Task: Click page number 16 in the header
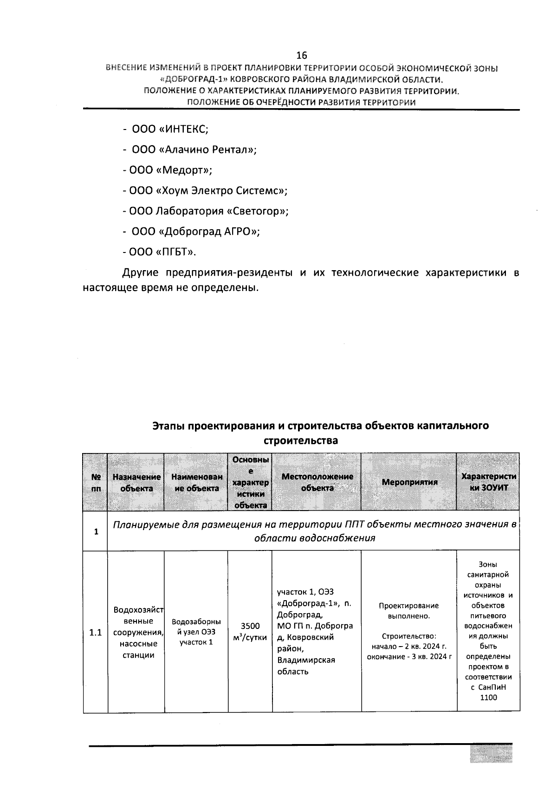[x=301, y=55]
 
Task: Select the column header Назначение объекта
[x=136, y=482]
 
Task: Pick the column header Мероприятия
[x=409, y=482]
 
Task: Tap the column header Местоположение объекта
[x=317, y=482]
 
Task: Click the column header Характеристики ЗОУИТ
[x=488, y=482]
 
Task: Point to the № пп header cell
[x=96, y=482]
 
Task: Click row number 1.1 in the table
[x=96, y=633]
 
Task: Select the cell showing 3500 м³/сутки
[x=250, y=632]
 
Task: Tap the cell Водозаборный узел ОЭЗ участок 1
[x=196, y=632]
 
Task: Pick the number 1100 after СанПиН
[x=488, y=697]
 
